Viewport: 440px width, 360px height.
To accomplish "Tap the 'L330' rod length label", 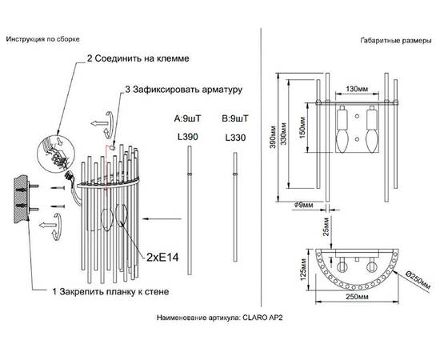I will (x=235, y=137).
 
